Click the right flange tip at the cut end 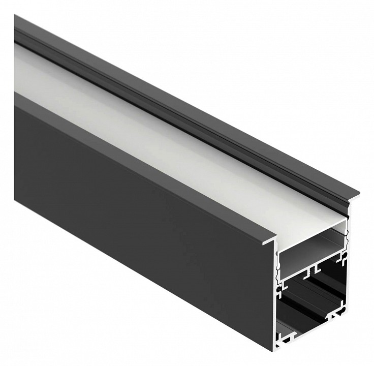[x=356, y=195]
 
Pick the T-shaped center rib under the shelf [x=316, y=267]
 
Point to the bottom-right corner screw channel [x=334, y=318]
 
